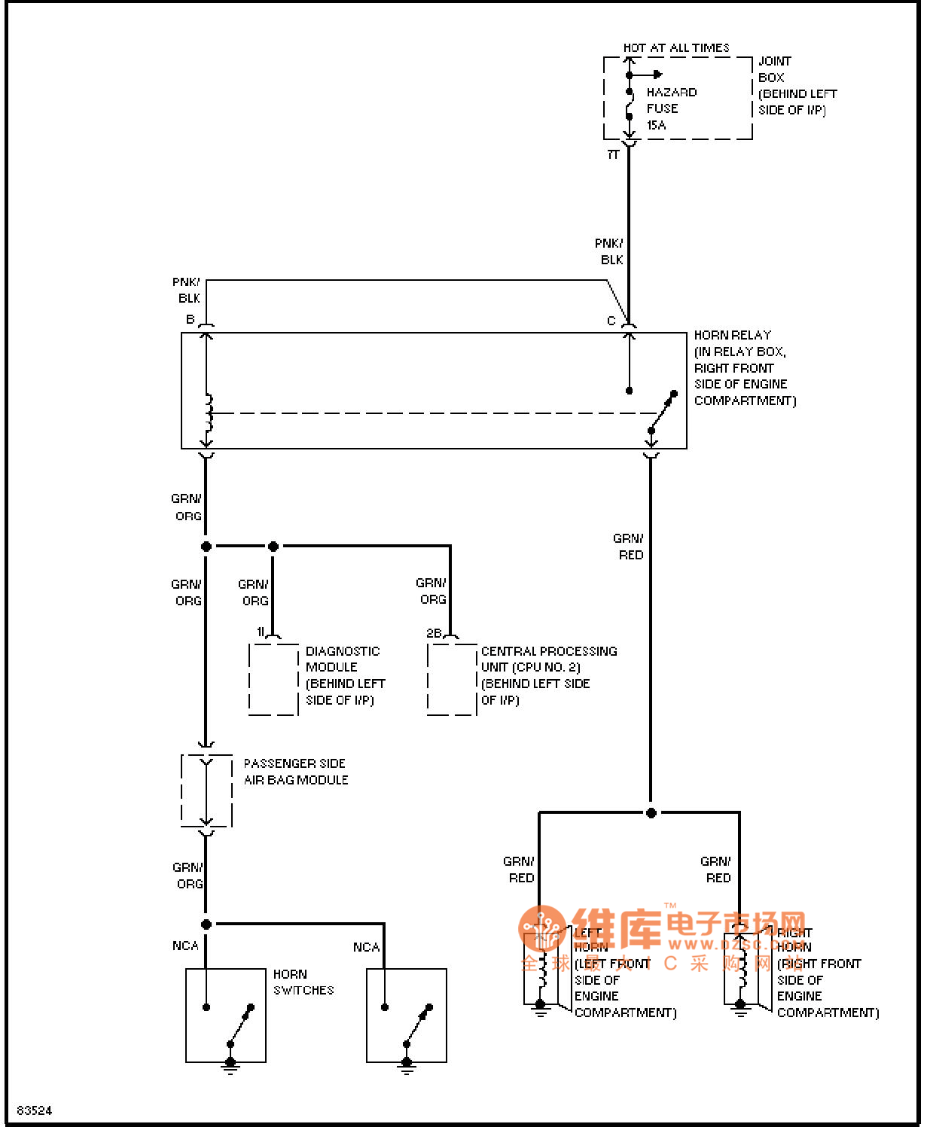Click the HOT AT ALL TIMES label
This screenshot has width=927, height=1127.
tap(675, 48)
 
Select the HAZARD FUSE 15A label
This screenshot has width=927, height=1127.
tap(671, 108)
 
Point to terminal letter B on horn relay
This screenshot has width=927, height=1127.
tap(191, 319)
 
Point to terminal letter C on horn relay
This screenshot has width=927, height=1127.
tap(611, 321)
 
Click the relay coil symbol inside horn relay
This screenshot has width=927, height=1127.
tap(208, 413)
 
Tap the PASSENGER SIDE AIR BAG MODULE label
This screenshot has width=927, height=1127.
tap(295, 772)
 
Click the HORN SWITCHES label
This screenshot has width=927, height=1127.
tap(303, 982)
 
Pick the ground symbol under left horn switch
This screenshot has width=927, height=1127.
tap(230, 1065)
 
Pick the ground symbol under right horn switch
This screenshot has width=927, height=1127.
tap(407, 1065)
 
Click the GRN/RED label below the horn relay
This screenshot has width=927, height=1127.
tap(628, 547)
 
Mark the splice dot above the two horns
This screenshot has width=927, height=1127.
tap(651, 813)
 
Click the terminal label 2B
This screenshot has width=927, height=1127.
tap(434, 633)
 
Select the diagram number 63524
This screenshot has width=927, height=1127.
tap(35, 1110)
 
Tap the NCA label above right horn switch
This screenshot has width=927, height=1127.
tap(366, 947)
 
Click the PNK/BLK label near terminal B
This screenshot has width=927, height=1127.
tap(187, 290)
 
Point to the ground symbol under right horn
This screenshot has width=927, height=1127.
tap(741, 1010)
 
